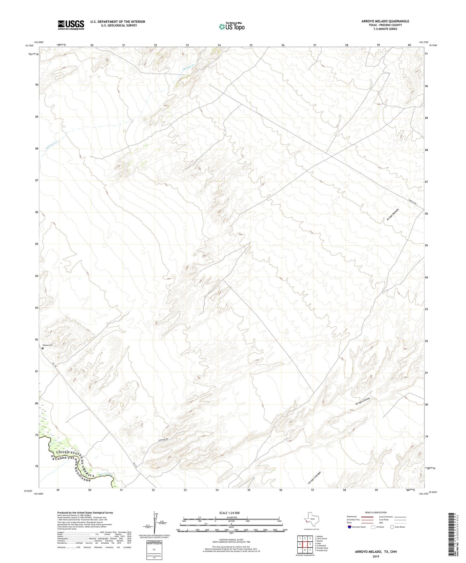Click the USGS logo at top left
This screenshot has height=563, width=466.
pos(71,25)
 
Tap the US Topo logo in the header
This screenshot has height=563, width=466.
pos(231,26)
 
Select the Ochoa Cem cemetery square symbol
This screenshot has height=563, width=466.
pos(43,348)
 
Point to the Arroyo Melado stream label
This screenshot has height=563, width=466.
pos(393,215)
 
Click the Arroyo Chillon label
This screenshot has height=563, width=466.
pos(362,402)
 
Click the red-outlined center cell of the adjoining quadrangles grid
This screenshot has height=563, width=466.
pos(305,544)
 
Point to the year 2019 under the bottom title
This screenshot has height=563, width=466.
pos(375,556)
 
